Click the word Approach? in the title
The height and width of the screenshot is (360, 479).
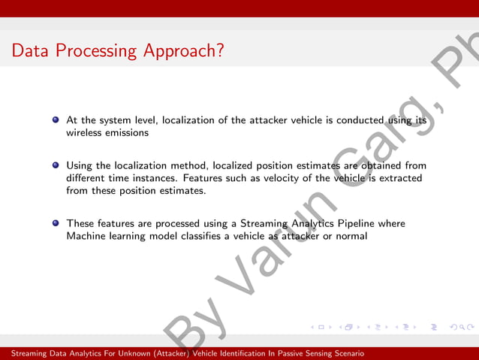183,52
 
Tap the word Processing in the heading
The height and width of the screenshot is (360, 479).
92,52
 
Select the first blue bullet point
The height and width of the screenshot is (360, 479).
56,119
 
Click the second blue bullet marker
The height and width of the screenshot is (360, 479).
56,165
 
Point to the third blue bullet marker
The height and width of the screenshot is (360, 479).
56,223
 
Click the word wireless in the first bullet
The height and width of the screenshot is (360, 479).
84,132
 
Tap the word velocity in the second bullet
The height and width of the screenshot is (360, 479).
269,178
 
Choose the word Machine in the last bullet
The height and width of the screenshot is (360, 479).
87,236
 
